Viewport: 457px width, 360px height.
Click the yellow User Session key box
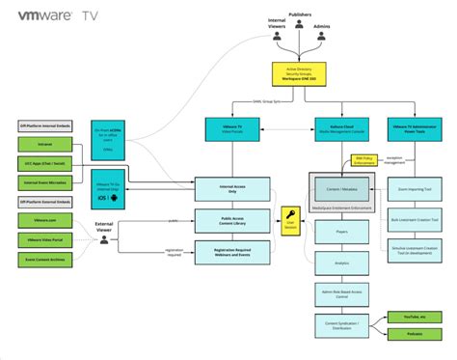point(288,219)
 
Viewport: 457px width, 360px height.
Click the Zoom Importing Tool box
point(414,190)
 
